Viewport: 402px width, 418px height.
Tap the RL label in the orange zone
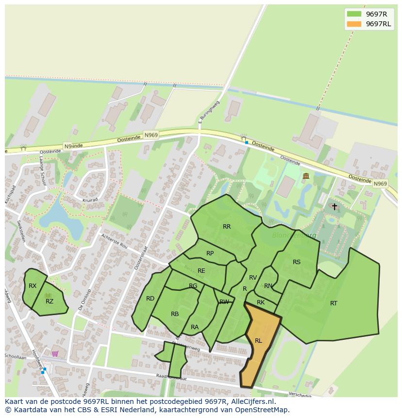tap(258, 341)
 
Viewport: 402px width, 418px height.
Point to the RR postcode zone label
tap(227, 227)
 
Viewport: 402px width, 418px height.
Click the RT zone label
tap(334, 303)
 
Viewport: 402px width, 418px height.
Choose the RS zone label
tap(297, 262)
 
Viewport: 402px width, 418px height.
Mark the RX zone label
tap(33, 286)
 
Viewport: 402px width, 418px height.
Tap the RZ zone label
tap(50, 301)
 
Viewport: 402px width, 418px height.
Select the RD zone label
tap(151, 299)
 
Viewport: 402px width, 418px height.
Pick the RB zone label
tap(175, 314)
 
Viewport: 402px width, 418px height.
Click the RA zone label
tap(195, 327)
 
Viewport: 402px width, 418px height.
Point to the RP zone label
tap(210, 253)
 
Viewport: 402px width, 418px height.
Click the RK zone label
tap(261, 302)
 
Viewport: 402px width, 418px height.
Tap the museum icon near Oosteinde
tap(306, 176)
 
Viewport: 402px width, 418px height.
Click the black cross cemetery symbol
tap(334, 207)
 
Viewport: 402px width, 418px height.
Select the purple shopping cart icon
tap(55, 353)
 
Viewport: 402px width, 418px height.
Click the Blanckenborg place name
tap(294, 235)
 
